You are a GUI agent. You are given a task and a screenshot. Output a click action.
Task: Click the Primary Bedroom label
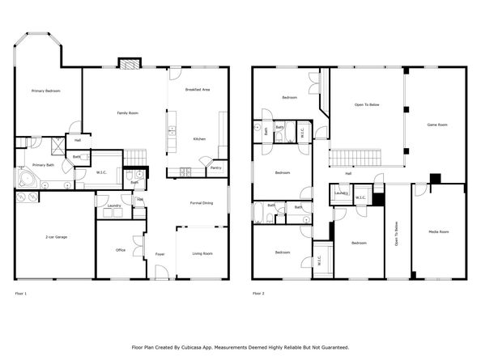[45, 91]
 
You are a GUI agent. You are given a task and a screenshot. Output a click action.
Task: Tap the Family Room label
[127, 113]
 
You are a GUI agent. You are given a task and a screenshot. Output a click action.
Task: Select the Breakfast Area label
[198, 90]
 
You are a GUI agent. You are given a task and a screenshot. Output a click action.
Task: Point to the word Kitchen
[199, 139]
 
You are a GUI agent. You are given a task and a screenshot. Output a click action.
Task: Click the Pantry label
[216, 167]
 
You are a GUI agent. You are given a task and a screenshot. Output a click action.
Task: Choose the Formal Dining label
[202, 202]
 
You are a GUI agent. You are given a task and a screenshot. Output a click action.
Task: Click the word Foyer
[160, 253]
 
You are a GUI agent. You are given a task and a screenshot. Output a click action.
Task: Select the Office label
[120, 250]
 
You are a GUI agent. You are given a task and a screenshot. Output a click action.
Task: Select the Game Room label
[438, 125]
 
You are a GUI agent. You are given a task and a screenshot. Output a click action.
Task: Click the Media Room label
[438, 232]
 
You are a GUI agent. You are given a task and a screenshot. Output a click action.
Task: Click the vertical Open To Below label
[397, 234]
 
